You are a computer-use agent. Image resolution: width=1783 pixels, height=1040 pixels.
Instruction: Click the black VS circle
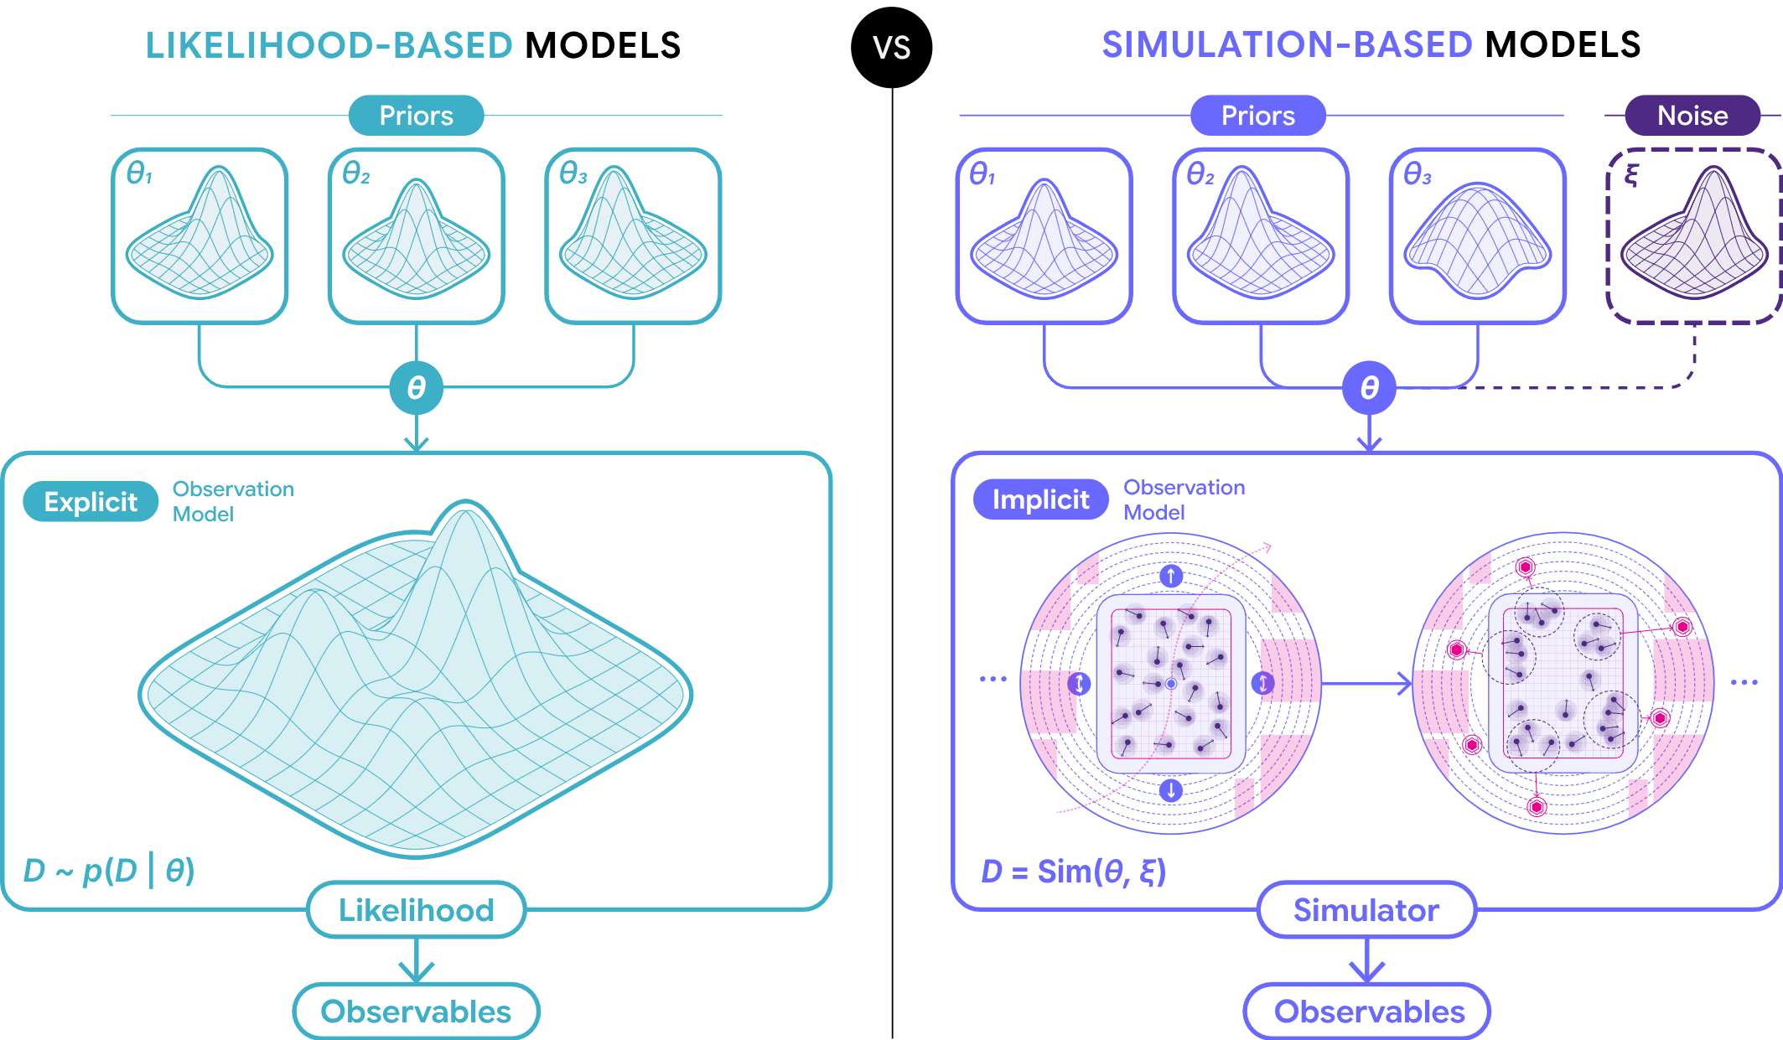(891, 47)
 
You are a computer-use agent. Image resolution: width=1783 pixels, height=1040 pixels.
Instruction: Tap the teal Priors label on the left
(416, 116)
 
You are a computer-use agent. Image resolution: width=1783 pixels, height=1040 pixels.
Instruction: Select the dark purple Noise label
(1692, 116)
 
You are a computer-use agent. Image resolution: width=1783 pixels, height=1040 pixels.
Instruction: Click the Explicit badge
(91, 501)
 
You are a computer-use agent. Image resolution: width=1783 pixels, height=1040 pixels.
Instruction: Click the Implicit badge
(1040, 499)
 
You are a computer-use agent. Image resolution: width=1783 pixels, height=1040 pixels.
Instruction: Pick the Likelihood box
(416, 910)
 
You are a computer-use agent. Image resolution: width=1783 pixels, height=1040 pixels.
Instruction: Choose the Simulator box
(1366, 910)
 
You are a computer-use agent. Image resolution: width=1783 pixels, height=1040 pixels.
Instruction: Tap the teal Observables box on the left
(416, 1012)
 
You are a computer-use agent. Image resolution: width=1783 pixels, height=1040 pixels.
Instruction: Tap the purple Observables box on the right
(1368, 1012)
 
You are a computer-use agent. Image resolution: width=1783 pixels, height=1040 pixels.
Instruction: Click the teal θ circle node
(416, 388)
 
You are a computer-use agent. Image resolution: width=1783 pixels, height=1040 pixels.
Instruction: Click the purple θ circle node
(1368, 388)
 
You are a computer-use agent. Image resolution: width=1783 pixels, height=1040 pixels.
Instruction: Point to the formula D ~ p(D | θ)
(109, 871)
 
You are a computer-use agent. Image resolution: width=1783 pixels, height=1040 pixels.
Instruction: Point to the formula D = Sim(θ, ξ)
(1073, 872)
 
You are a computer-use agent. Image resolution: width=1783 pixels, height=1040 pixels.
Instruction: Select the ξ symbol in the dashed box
(1631, 175)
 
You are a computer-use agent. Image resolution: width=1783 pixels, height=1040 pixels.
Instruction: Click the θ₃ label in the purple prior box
(1417, 174)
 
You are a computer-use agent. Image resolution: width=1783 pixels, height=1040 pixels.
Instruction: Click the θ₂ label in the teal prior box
(355, 173)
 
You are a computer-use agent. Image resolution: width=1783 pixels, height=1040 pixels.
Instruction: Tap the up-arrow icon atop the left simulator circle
(1170, 576)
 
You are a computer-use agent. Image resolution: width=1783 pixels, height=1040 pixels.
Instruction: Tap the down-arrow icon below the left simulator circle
(1170, 789)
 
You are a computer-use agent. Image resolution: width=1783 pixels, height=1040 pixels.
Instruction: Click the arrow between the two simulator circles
(1366, 684)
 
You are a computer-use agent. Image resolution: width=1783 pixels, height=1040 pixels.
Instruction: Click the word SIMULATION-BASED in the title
(1286, 45)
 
